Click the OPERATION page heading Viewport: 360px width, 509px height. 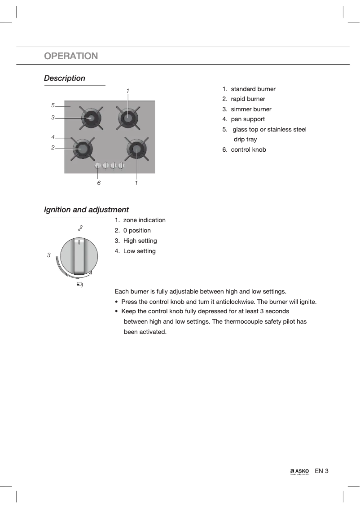tap(71, 56)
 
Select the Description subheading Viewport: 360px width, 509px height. tap(65, 78)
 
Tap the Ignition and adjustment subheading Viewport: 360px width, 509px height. tap(86, 210)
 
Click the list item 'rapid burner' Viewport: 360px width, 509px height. tap(248, 99)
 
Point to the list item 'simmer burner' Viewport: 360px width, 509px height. tap(251, 109)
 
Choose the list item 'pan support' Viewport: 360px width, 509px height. tap(248, 119)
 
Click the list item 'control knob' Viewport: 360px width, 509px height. tap(248, 149)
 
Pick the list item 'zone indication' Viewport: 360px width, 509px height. tap(144, 220)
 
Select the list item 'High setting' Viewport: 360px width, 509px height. tap(140, 241)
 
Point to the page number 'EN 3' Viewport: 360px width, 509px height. tap(322, 471)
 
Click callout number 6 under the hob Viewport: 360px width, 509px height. tap(99, 183)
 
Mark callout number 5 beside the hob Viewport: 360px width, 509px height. tap(53, 105)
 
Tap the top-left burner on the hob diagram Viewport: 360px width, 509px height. tap(91, 118)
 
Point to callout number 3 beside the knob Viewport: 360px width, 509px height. tap(49, 255)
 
